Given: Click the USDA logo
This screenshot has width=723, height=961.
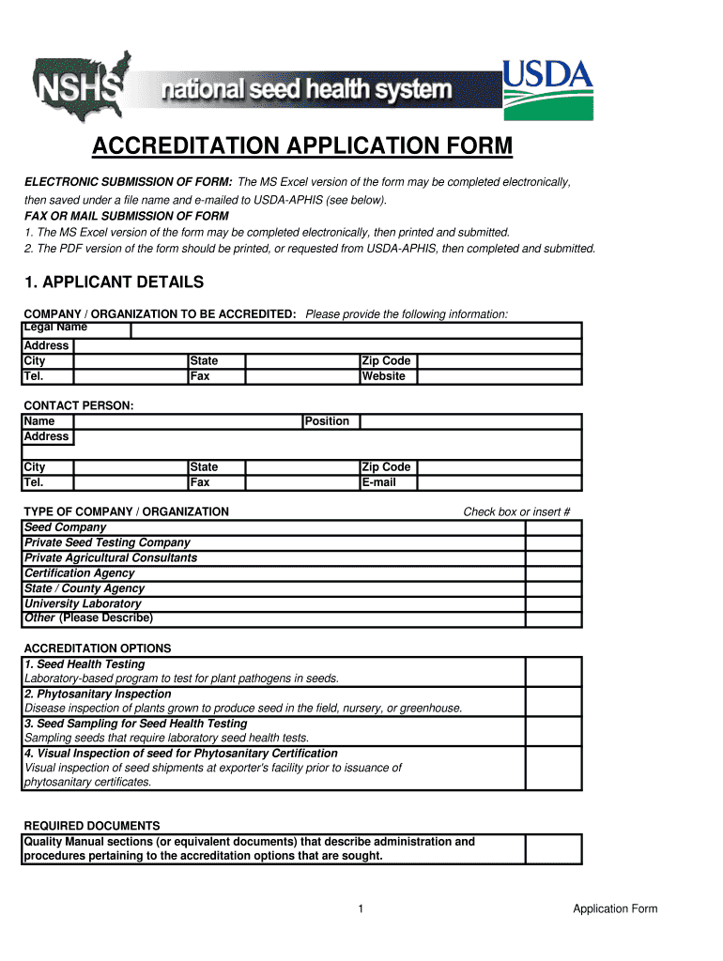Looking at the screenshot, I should pos(548,90).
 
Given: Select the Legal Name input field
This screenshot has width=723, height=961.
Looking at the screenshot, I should pos(356,329).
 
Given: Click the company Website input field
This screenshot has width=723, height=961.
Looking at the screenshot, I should pos(499,376).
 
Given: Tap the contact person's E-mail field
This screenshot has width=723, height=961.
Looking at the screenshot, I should pos(499,482).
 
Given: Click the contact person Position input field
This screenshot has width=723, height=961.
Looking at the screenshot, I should pos(470,421).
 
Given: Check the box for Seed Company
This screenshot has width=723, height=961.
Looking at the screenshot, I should pos(553,527).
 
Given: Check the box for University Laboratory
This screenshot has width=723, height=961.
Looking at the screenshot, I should pos(553,604).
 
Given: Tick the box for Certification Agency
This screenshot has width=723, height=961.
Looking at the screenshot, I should pos(553,573).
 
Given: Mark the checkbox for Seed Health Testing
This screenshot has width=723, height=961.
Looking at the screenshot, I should pos(553,671).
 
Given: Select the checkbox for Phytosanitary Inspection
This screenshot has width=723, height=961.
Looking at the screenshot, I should pos(553,701).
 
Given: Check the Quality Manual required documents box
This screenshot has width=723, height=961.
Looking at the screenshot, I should pos(553,849).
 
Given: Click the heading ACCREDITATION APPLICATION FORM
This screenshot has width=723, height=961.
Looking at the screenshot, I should pos(302,146).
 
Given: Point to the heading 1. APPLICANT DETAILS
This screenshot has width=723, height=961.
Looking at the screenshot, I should pos(113,282).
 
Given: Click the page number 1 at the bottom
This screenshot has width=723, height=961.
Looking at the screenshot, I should pos(361,908).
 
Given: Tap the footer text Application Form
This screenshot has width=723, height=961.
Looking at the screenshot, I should pos(615,908).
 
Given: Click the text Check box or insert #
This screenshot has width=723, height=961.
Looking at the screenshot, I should pos(516,511).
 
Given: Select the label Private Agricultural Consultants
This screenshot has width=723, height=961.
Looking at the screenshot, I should pos(111,558).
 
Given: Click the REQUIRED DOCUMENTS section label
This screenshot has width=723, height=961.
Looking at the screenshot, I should pos(91,826).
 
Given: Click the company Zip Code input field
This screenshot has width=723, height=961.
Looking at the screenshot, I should pos(499,361).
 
